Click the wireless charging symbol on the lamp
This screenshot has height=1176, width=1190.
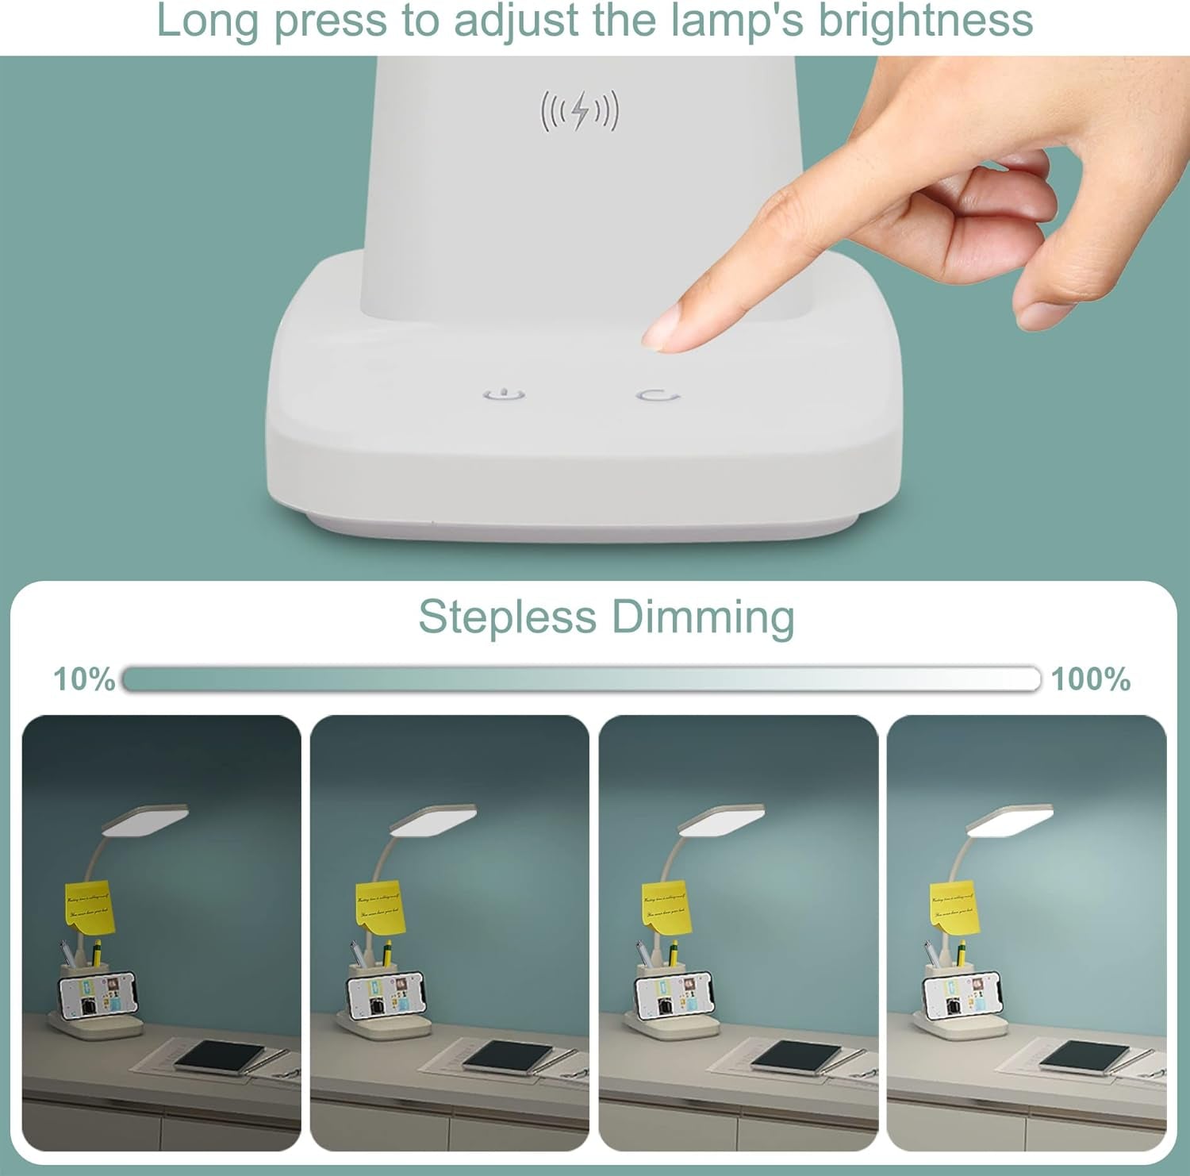[579, 111]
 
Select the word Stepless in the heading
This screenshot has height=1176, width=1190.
[507, 617]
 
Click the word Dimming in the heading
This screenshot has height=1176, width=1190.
[703, 618]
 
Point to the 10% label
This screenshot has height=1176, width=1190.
[83, 679]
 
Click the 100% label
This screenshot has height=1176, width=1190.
[1091, 679]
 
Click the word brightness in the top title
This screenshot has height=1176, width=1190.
[926, 21]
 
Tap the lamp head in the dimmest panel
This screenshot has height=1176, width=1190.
[146, 821]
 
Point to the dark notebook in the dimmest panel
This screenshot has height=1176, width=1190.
[219, 1056]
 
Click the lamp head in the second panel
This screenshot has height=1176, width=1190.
[434, 821]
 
